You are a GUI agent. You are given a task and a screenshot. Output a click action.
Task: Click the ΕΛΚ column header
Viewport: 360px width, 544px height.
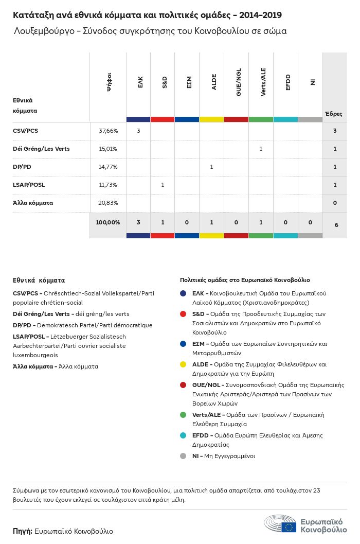tap(140, 82)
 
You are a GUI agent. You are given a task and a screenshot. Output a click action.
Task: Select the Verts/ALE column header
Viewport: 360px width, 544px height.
tap(263, 82)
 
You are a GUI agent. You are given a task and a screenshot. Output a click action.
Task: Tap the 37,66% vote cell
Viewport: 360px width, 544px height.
tap(108, 131)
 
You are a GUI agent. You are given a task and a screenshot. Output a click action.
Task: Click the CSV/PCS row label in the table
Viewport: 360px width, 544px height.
tap(25, 131)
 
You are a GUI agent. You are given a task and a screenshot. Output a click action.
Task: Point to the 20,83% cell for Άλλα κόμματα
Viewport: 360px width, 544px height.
tap(108, 203)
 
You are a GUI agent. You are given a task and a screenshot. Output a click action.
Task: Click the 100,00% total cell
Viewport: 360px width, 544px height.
tap(108, 222)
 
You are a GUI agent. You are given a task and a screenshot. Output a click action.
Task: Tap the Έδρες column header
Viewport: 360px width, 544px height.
tap(333, 114)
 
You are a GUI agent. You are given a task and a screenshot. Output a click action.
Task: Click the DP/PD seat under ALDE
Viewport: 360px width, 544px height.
tap(212, 167)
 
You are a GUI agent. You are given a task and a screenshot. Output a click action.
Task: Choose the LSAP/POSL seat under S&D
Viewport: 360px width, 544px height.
tap(163, 185)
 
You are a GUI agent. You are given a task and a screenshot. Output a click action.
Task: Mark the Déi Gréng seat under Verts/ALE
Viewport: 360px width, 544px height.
tap(261, 149)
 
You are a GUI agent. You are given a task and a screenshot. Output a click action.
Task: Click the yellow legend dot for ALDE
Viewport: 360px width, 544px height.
tap(183, 365)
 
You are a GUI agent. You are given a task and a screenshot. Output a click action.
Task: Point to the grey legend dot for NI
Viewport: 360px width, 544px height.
tap(183, 456)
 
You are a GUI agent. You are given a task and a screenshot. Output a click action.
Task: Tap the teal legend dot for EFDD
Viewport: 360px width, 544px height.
tap(183, 436)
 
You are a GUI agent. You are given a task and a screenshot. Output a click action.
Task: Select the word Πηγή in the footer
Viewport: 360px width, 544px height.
tap(23, 531)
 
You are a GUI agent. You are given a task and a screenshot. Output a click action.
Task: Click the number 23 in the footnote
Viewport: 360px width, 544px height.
tap(316, 491)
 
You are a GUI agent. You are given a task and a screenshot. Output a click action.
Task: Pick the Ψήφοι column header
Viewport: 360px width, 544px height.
tap(109, 82)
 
